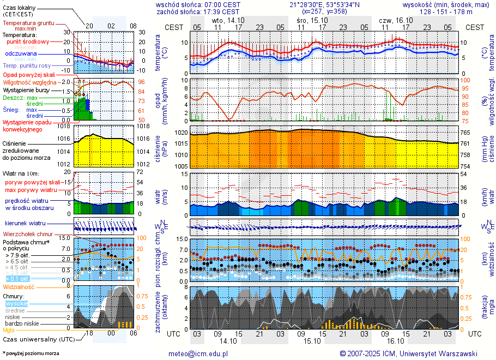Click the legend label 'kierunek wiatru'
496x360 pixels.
pyautogui.click(x=25, y=224)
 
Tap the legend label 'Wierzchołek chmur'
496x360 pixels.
pyautogui.click(x=28, y=234)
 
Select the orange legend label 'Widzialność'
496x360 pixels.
pyautogui.click(x=19, y=286)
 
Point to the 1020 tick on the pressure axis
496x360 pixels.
pyautogui.click(x=182, y=133)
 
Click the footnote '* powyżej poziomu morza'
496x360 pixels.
pyautogui.click(x=31, y=353)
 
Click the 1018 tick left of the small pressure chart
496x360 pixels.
pyautogui.click(x=64, y=126)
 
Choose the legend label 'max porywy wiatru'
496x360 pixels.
pyautogui.click(x=31, y=190)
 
